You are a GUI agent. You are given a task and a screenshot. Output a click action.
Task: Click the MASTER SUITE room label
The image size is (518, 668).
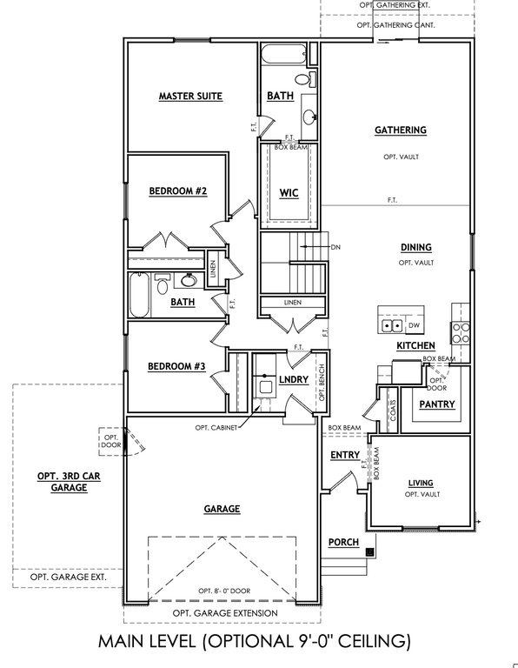[x=189, y=96]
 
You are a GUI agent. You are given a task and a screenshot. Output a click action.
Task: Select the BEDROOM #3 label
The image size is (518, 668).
[x=176, y=366]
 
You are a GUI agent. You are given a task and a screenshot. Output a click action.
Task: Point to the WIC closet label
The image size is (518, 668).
[x=289, y=192]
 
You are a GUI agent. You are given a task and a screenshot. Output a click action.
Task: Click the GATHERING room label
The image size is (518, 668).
[x=400, y=130]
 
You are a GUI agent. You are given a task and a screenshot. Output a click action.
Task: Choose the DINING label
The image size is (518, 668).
[x=415, y=247]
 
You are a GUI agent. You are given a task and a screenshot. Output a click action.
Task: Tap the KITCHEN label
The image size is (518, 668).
[x=415, y=345]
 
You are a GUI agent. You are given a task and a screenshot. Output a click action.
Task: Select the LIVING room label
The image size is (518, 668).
[x=421, y=483]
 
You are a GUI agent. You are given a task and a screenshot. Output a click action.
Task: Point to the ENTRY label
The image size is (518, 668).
[x=344, y=455]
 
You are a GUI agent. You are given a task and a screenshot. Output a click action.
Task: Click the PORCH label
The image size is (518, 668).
[x=343, y=543]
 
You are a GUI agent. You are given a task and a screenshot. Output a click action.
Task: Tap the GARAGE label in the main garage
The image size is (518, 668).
[x=222, y=509]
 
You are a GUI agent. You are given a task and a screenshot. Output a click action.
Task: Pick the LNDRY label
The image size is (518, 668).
[x=294, y=381]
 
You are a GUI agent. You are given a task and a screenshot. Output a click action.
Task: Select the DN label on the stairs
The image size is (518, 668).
[x=336, y=247]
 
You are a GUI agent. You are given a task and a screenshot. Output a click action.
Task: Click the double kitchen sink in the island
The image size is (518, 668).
[x=392, y=326]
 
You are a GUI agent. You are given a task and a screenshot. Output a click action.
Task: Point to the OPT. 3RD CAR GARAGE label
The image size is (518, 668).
[x=63, y=482]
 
